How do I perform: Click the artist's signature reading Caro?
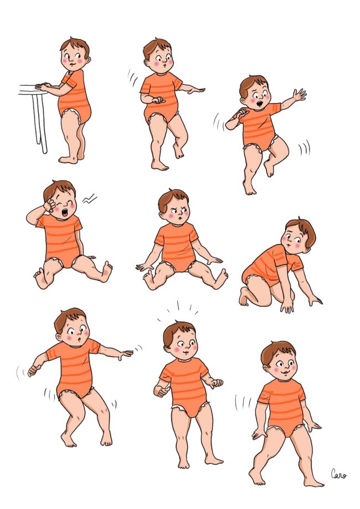[x=338, y=474]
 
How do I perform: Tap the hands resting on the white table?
[x=43, y=86]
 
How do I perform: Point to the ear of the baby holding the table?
[x=88, y=60]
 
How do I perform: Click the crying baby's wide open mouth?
[x=65, y=213]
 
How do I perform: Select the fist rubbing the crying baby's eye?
[x=50, y=205]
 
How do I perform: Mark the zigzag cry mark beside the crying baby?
[x=89, y=198]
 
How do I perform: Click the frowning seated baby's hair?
[x=172, y=198]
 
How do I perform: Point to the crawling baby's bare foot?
[x=244, y=296]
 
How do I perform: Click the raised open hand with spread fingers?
[x=299, y=95]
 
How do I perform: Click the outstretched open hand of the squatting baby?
[x=126, y=354]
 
